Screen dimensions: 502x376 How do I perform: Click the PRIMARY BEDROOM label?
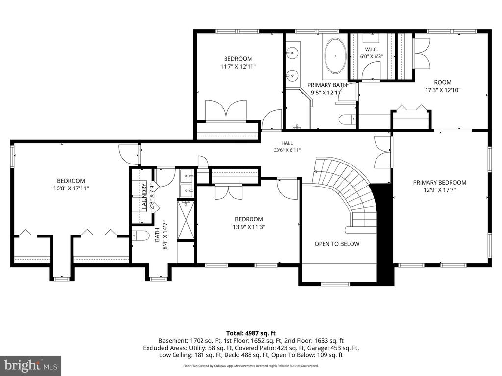pyautogui.click(x=440, y=183)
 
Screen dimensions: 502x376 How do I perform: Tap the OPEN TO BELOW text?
pyautogui.click(x=337, y=244)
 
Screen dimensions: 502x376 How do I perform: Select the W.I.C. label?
pyautogui.click(x=372, y=49)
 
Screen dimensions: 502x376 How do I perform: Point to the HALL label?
pyautogui.click(x=287, y=143)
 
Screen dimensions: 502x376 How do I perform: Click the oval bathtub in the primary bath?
pyautogui.click(x=335, y=56)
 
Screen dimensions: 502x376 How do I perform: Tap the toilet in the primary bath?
pyautogui.click(x=347, y=119)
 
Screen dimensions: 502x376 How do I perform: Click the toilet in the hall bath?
pyautogui.click(x=140, y=235)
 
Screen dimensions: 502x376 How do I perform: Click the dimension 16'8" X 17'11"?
pyautogui.click(x=71, y=188)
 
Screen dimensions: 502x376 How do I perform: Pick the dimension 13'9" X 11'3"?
pyautogui.click(x=249, y=227)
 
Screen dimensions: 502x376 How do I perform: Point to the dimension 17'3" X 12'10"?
pyautogui.click(x=443, y=90)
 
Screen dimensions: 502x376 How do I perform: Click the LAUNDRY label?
pyautogui.click(x=144, y=196)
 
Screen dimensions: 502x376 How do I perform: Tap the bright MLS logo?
pyautogui.click(x=31, y=365)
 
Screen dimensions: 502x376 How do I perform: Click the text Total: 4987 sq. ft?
pyautogui.click(x=251, y=333)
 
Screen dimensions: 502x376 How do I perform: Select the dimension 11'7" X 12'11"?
pyautogui.click(x=238, y=67)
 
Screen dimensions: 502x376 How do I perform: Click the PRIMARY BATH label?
pyautogui.click(x=327, y=85)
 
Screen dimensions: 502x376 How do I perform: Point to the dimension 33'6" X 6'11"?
pyautogui.click(x=287, y=150)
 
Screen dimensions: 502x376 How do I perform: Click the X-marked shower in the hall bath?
pyautogui.click(x=186, y=220)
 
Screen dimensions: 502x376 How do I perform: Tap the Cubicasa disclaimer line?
pyautogui.click(x=251, y=366)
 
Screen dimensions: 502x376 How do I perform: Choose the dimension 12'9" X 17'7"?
pyautogui.click(x=440, y=190)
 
